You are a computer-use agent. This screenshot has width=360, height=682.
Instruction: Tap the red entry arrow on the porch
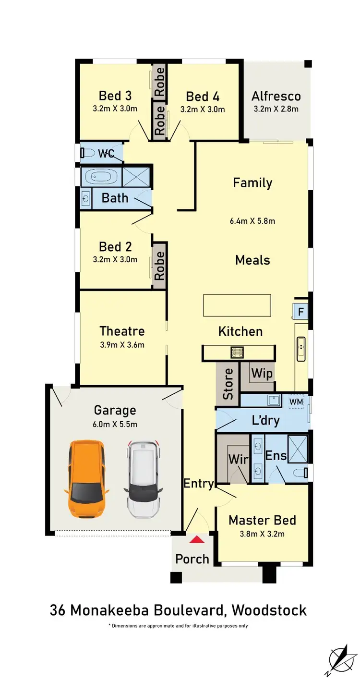197,540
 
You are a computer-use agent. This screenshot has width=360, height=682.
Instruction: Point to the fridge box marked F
300,312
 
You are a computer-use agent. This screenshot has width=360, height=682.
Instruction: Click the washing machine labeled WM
297,401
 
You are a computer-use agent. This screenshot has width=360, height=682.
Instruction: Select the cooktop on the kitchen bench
237,353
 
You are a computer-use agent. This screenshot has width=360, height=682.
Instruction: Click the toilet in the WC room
88,153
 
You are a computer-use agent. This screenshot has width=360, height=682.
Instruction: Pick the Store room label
228,383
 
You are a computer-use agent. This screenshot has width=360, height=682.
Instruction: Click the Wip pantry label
262,374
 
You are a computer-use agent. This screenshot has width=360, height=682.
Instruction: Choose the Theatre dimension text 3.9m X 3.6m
122,344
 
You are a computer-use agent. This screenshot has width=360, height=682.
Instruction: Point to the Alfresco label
276,96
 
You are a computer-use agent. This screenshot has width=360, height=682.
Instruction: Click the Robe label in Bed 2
159,266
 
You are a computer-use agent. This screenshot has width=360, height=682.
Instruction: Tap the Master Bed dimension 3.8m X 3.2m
262,534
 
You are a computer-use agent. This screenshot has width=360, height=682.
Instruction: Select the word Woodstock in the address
269,610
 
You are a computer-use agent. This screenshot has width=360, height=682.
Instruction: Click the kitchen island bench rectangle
237,305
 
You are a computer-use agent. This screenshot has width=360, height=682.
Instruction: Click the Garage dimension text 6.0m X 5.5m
115,424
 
